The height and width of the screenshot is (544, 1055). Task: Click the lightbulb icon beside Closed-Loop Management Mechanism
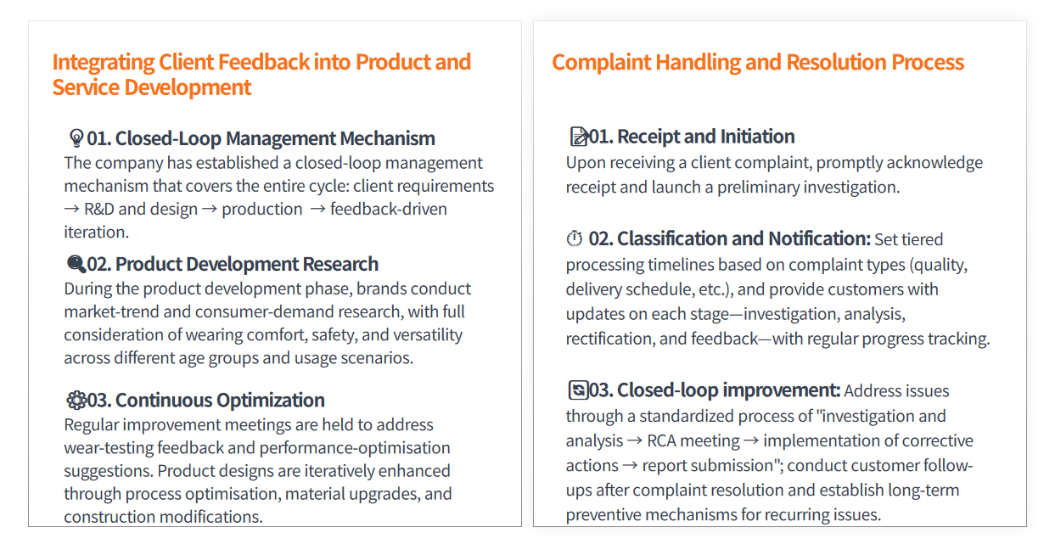click(x=76, y=138)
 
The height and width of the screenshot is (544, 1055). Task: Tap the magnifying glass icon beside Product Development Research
click(x=76, y=264)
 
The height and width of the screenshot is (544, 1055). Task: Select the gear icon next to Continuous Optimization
click(x=76, y=400)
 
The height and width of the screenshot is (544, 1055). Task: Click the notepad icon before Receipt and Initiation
click(x=579, y=137)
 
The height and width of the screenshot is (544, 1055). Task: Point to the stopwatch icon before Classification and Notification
click(x=574, y=238)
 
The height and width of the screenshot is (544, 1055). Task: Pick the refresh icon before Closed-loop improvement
click(x=578, y=390)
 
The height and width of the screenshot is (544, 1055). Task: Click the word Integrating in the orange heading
click(x=104, y=63)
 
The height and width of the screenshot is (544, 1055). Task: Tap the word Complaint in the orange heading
click(x=601, y=63)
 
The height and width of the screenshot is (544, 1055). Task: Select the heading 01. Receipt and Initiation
click(x=692, y=137)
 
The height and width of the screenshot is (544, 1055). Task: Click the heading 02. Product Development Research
click(x=233, y=264)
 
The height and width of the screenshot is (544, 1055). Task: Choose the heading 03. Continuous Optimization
click(x=205, y=400)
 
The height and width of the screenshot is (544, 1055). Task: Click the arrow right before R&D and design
click(x=71, y=209)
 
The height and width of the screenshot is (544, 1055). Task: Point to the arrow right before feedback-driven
click(x=318, y=209)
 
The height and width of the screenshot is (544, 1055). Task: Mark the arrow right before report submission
click(x=630, y=466)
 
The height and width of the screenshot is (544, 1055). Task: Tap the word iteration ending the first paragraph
click(x=97, y=233)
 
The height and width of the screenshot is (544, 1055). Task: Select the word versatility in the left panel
click(x=428, y=335)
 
